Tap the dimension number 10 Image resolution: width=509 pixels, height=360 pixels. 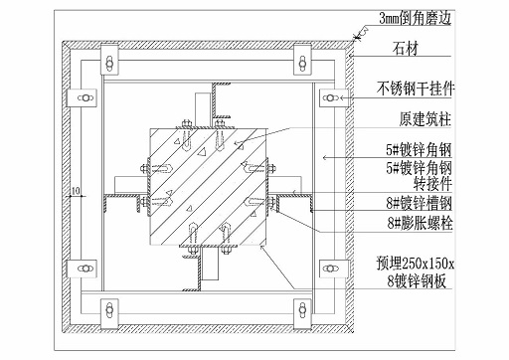pyautogui.click(x=75, y=190)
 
